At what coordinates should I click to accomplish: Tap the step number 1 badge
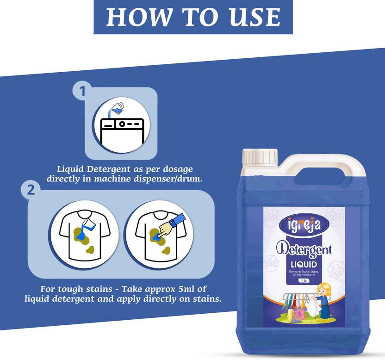coord(82,91)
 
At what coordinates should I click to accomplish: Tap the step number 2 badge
coord(31,190)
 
